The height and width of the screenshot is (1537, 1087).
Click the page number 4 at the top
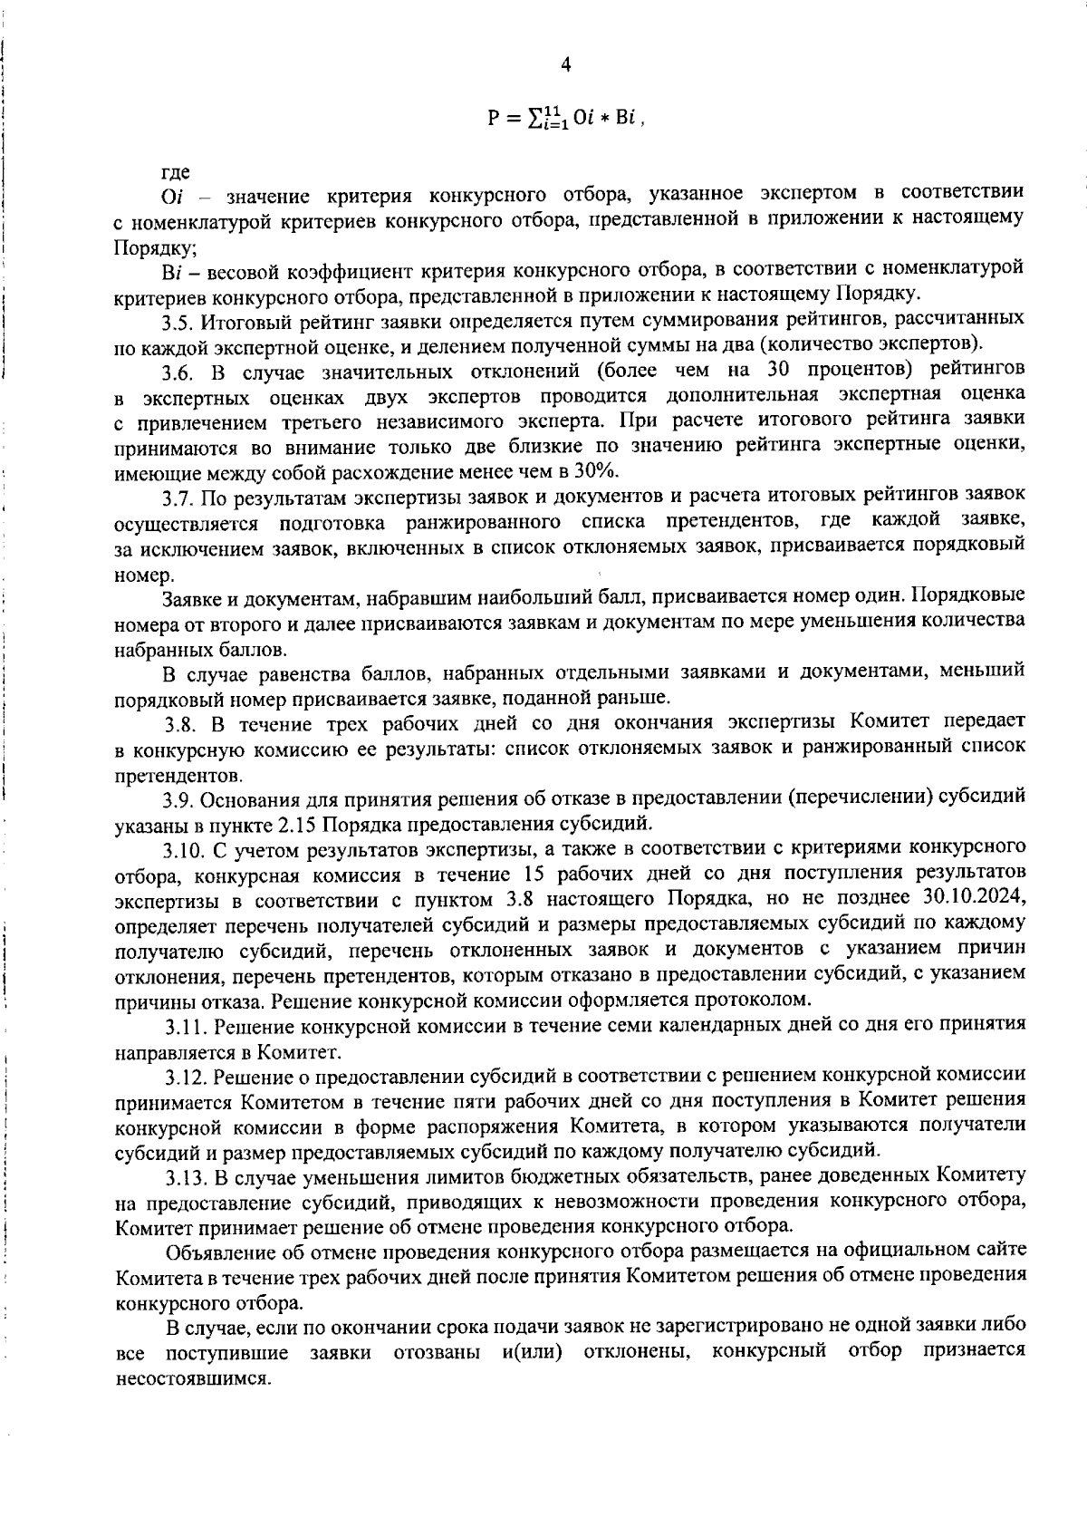coord(566,64)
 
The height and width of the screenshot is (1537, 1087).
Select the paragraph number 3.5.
coord(178,320)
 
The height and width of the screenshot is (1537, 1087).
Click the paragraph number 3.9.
coord(178,799)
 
